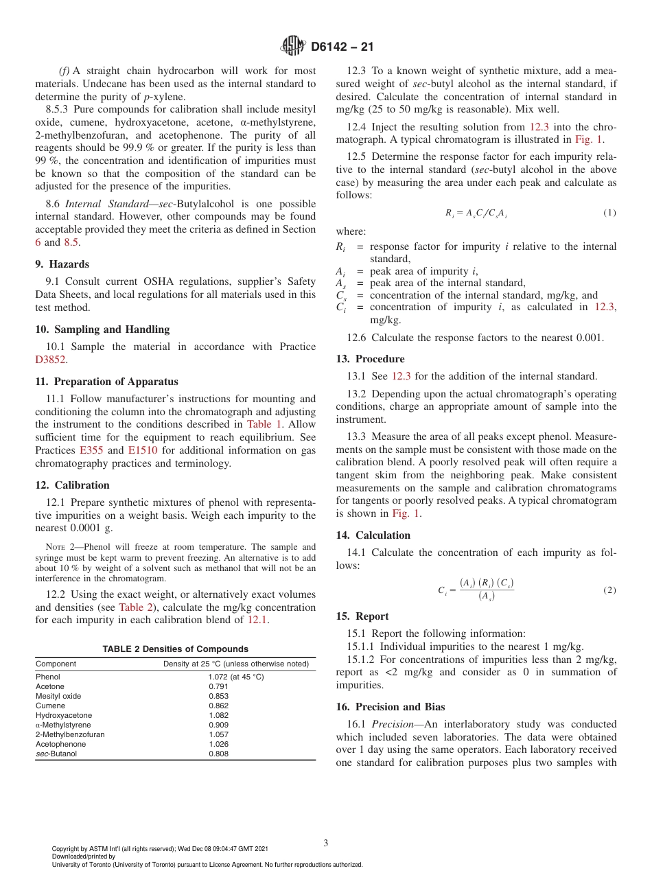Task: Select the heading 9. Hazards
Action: (x=62, y=264)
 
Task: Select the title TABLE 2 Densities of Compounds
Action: (x=176, y=649)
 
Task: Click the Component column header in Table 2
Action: (x=56, y=664)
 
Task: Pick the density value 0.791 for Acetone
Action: (x=218, y=686)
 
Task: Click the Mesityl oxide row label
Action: (x=58, y=696)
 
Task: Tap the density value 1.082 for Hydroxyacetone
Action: (x=218, y=715)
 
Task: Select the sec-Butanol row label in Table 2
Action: (x=56, y=754)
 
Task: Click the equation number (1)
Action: (x=609, y=213)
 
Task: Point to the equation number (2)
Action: (x=609, y=590)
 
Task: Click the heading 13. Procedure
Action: (x=370, y=359)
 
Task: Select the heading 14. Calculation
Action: (x=373, y=535)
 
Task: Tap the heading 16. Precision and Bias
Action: (x=390, y=707)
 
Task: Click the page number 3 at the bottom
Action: (x=326, y=843)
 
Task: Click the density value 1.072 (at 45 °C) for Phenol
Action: (x=235, y=677)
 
